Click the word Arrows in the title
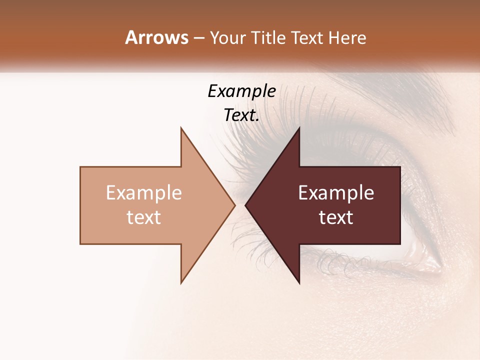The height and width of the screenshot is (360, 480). pyautogui.click(x=156, y=37)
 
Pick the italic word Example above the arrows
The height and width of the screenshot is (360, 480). pyautogui.click(x=241, y=91)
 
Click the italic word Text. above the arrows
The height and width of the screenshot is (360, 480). pyautogui.click(x=241, y=115)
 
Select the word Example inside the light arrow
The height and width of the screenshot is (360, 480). pyautogui.click(x=143, y=193)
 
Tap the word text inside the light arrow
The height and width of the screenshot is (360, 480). pyautogui.click(x=143, y=217)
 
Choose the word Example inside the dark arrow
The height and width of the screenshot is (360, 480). pyautogui.click(x=336, y=193)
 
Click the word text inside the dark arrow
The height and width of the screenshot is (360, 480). pyautogui.click(x=336, y=217)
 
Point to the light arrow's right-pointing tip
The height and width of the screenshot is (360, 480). pyautogui.click(x=234, y=205)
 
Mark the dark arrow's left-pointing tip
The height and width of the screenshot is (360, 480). pyautogui.click(x=245, y=205)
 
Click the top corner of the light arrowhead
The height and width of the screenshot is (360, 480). pyautogui.click(x=181, y=128)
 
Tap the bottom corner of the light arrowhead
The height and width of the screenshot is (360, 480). pyautogui.click(x=181, y=283)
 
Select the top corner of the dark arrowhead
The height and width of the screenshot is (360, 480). pyautogui.click(x=299, y=128)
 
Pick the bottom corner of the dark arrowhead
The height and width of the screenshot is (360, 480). pyautogui.click(x=299, y=283)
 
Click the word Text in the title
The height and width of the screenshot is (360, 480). pyautogui.click(x=306, y=38)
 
